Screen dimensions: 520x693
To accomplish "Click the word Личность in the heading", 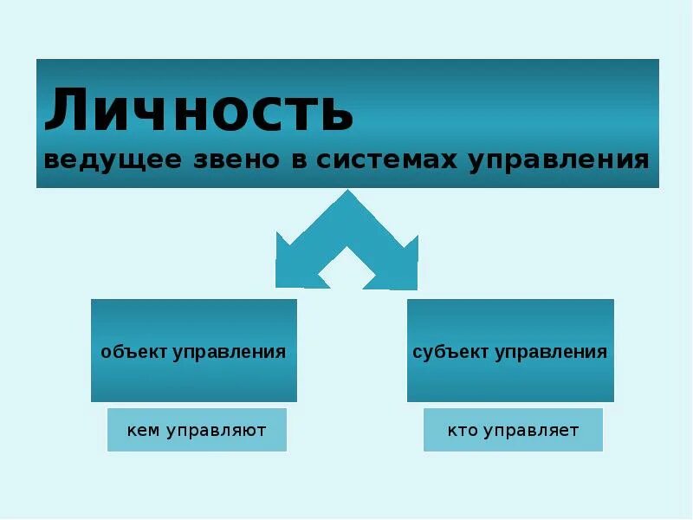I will pyautogui.click(x=199, y=110).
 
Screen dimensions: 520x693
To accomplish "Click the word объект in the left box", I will pyautogui.click(x=133, y=352).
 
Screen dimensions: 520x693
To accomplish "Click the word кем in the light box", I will pyautogui.click(x=143, y=430).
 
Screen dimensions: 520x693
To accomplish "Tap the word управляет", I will pyautogui.click(x=531, y=431).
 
